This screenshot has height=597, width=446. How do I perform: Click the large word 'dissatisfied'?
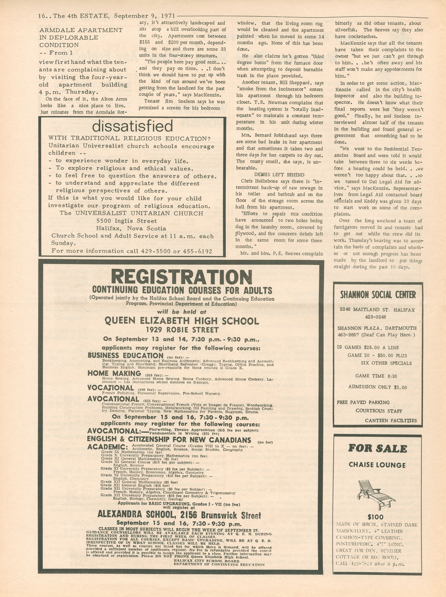click(x=133, y=126)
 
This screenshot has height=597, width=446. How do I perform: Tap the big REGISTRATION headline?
click(x=182, y=277)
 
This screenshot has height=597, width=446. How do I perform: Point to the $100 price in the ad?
click(x=376, y=517)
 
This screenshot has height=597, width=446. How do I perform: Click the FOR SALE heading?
click(x=377, y=449)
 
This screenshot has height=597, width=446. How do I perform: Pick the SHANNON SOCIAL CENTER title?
click(x=378, y=295)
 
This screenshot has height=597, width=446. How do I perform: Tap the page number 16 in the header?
click(x=42, y=16)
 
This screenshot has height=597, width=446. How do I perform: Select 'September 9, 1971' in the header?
click(x=138, y=16)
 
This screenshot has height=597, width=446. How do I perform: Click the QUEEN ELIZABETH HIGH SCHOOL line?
click(x=182, y=321)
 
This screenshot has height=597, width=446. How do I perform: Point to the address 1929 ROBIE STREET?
click(x=182, y=330)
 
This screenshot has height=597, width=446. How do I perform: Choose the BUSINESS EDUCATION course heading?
click(x=126, y=355)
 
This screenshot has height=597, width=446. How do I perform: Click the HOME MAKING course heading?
click(x=114, y=373)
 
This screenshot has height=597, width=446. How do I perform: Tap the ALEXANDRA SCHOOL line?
click(x=179, y=515)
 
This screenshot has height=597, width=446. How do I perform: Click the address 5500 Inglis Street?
click(x=126, y=221)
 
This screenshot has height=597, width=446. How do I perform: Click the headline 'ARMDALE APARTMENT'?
click(x=81, y=30)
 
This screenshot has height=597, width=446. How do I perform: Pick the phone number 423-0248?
click(x=375, y=317)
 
